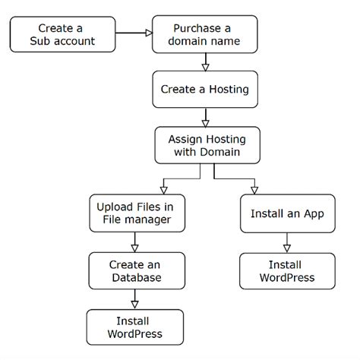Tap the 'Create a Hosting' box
[204, 89]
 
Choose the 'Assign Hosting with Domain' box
[204, 144]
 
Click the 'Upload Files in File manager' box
[134, 213]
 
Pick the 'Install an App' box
[287, 213]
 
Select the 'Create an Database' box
[134, 270]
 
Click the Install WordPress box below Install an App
[287, 271]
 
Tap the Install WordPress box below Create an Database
[134, 327]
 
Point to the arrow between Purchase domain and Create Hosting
[204, 62]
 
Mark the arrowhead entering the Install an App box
[254, 190]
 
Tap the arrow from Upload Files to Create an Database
[134, 242]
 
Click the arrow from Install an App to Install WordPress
[287, 242]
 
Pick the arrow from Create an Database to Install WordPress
[134, 298]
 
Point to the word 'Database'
[134, 278]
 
